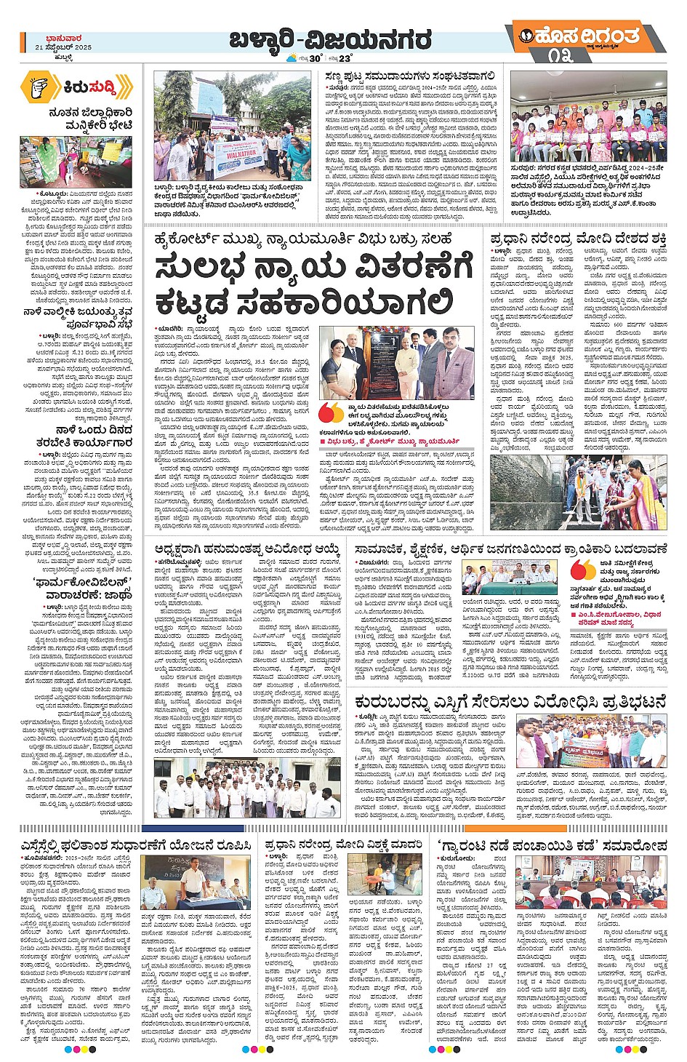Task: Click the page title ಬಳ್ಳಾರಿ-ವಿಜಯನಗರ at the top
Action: (x=330, y=39)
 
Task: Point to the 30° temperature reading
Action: (x=315, y=58)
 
